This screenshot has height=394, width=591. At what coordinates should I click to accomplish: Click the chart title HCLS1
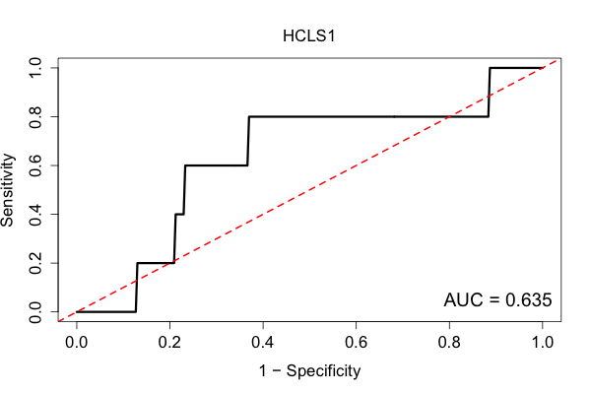pos(308,36)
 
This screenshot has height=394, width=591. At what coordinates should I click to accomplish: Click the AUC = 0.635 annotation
pos(497,300)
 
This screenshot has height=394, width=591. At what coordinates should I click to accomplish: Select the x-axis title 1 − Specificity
pos(309,371)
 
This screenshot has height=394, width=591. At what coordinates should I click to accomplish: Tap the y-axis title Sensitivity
pos(8,190)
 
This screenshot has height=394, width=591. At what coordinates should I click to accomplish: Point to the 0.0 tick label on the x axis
pos(77,343)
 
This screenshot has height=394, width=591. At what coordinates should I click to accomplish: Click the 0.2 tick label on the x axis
pos(169,343)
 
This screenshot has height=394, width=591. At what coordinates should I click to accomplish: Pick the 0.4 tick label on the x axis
pos(263,343)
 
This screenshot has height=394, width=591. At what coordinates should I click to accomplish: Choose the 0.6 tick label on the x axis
pos(356,343)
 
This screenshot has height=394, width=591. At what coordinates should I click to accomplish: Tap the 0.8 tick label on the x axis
pos(449,343)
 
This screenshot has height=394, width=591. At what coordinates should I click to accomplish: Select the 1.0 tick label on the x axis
pos(543,343)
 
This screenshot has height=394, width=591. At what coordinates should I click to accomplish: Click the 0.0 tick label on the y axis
pos(35,312)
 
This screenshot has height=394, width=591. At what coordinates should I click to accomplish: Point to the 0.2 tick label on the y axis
pos(35,263)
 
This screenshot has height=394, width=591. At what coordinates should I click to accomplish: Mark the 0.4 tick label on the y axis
pos(35,214)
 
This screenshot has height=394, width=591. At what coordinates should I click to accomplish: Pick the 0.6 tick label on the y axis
pos(35,165)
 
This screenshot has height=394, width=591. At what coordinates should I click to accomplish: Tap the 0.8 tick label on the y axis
pos(35,117)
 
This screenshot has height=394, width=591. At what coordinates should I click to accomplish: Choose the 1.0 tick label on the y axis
pos(35,68)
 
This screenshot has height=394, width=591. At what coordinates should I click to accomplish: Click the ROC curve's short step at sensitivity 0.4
pos(179,214)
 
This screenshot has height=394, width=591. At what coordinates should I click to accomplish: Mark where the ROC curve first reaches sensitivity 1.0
pos(490,68)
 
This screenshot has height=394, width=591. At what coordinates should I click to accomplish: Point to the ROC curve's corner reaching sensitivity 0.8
pos(249,117)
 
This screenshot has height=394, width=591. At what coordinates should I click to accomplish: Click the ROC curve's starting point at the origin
pos(77,312)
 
